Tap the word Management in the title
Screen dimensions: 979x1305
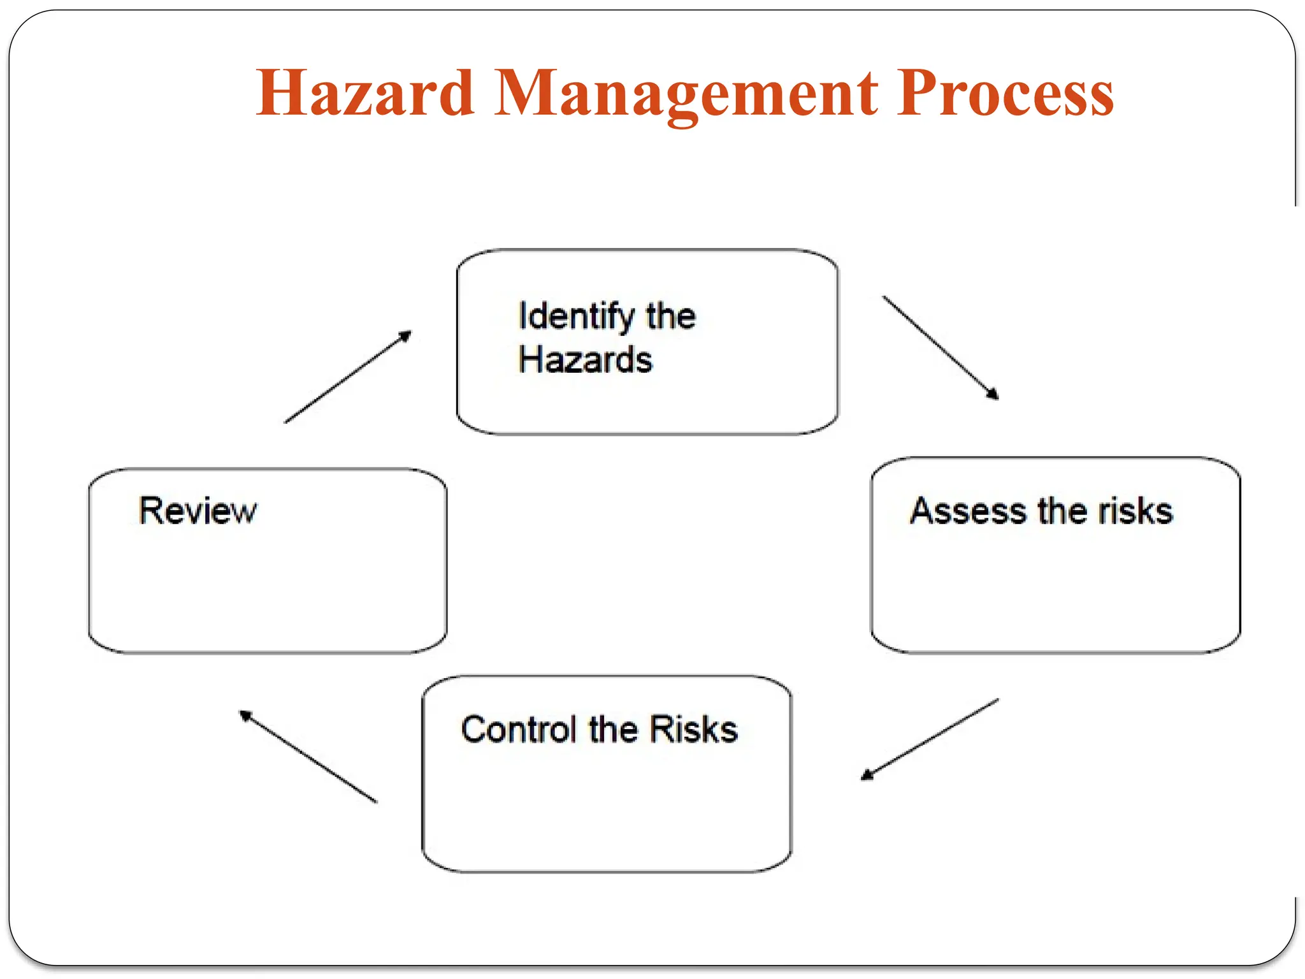click(686, 94)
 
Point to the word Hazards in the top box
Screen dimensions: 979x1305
click(585, 360)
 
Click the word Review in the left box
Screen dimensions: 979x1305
click(198, 511)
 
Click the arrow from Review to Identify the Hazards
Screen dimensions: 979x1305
click(348, 377)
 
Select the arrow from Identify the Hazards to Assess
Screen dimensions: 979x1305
click(941, 348)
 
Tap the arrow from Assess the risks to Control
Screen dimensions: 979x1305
click(930, 739)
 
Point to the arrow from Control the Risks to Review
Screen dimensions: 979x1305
click(308, 757)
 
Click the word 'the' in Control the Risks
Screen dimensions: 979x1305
click(612, 730)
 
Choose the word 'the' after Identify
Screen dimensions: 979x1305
click(670, 317)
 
